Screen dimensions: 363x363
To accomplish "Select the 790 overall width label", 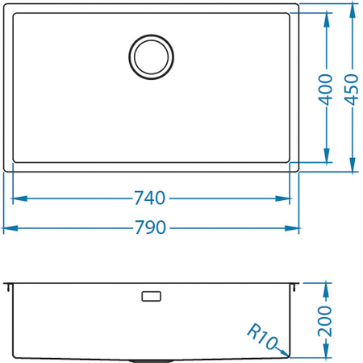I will (x=151, y=227).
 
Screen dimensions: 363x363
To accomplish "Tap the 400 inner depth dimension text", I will (x=325, y=88).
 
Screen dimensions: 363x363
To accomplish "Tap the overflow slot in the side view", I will (x=151, y=297).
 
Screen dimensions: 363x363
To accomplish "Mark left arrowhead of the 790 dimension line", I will (x=9, y=227).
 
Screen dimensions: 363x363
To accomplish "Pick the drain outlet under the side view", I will (x=151, y=359).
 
